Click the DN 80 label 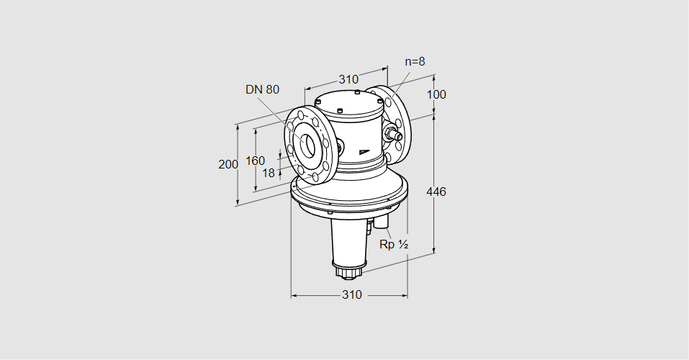click(x=262, y=89)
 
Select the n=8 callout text click(x=414, y=61)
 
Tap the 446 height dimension click(x=436, y=192)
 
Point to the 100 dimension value click(x=436, y=94)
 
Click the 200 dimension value click(x=228, y=164)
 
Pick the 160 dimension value click(x=255, y=161)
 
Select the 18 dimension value click(x=268, y=173)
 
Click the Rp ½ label click(x=394, y=245)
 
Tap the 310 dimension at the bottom click(x=351, y=295)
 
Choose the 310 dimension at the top click(x=348, y=79)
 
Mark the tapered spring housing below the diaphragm click(x=349, y=238)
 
